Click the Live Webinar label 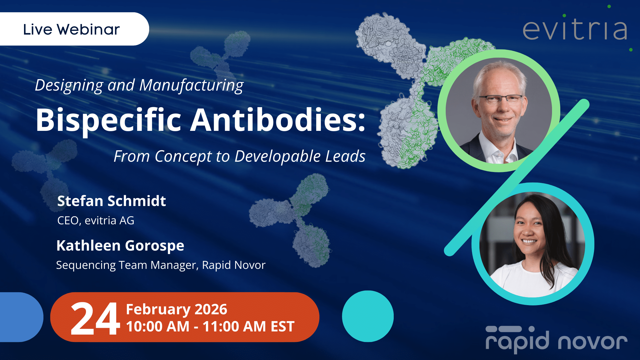coord(71,29)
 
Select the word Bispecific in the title coord(109,120)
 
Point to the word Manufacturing coord(191,85)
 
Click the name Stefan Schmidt coord(112,201)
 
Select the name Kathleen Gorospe coord(120,246)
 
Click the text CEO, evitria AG coord(96,221)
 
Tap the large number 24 coord(95,319)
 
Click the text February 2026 coord(177,309)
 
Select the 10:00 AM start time coord(158,327)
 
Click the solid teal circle coord(368,316)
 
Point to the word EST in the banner coord(282,327)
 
